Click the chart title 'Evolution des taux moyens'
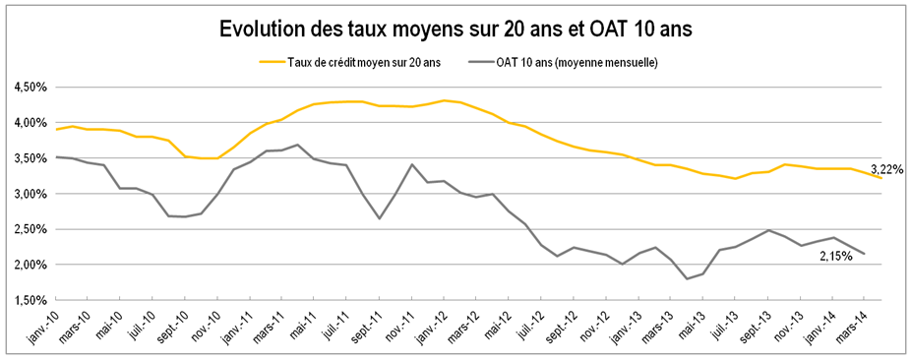tap(455, 30)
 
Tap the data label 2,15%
tap(837, 257)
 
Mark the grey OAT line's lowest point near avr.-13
tap(687, 279)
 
